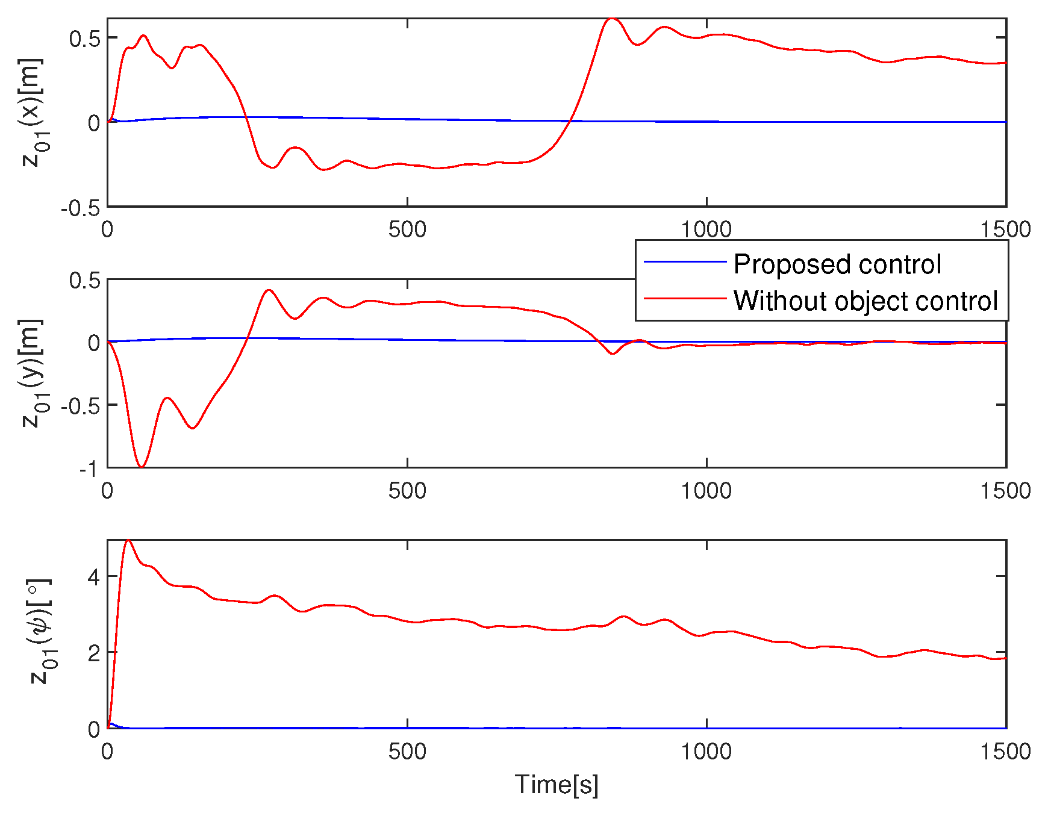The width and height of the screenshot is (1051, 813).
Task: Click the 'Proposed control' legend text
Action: point(837,264)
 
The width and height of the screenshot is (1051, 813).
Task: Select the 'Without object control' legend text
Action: point(865,301)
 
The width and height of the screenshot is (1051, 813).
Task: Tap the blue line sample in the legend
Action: point(685,261)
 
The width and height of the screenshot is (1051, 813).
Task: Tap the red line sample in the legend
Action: point(685,298)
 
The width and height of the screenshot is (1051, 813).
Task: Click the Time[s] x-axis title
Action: point(557,785)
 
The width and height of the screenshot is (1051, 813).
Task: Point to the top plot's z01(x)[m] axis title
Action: point(31,112)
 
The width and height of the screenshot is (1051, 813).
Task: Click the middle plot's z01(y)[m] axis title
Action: point(31,373)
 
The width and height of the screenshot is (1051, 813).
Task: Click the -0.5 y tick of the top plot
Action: point(80,208)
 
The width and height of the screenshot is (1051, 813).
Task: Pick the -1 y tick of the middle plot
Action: point(87,469)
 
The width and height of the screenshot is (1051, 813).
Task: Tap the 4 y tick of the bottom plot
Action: point(93,577)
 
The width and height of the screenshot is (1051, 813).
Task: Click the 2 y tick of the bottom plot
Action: point(93,653)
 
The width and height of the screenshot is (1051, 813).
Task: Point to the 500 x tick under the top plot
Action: point(407,229)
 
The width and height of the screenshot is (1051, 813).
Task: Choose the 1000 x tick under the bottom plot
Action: point(706,751)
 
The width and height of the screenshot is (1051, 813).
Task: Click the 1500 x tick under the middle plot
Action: point(1005,491)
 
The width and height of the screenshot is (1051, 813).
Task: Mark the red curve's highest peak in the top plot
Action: point(611,19)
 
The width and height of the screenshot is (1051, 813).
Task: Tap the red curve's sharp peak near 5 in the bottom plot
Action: point(128,540)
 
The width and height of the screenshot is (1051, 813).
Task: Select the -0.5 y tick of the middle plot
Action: point(80,405)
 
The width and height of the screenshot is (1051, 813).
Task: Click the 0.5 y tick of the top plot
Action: point(84,39)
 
